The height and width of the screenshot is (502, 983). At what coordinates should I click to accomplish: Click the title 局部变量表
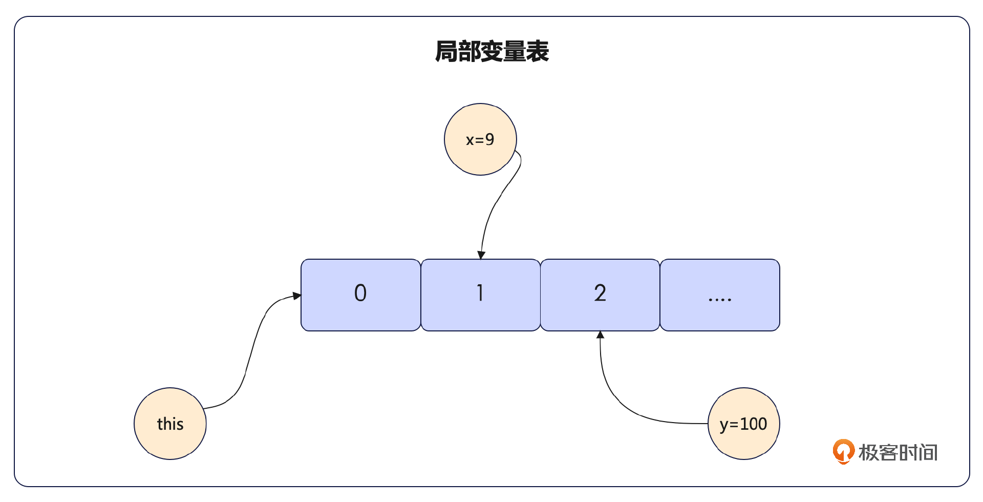pyautogui.click(x=491, y=52)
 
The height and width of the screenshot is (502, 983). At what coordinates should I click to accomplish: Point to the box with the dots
pyautogui.click(x=720, y=295)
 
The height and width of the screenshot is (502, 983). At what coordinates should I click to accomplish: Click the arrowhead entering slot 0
pyautogui.click(x=297, y=296)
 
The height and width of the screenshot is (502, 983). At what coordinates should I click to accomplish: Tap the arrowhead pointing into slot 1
pyautogui.click(x=481, y=255)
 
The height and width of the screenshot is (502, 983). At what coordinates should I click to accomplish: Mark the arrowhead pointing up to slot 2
pyautogui.click(x=600, y=335)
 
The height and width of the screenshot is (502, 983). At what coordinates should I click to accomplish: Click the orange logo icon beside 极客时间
pyautogui.click(x=843, y=451)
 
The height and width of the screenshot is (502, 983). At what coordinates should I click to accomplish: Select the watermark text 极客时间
pyautogui.click(x=898, y=453)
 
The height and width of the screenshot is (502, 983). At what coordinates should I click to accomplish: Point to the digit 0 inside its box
pyautogui.click(x=360, y=293)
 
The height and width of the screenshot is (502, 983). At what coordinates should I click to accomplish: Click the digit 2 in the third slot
pyautogui.click(x=600, y=293)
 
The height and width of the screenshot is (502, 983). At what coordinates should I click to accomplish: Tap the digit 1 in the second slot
pyautogui.click(x=480, y=293)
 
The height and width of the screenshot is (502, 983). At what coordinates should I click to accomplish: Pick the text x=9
pyautogui.click(x=480, y=140)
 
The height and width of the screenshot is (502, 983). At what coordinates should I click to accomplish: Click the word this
pyautogui.click(x=170, y=424)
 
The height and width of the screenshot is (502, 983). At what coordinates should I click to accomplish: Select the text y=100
pyautogui.click(x=743, y=424)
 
